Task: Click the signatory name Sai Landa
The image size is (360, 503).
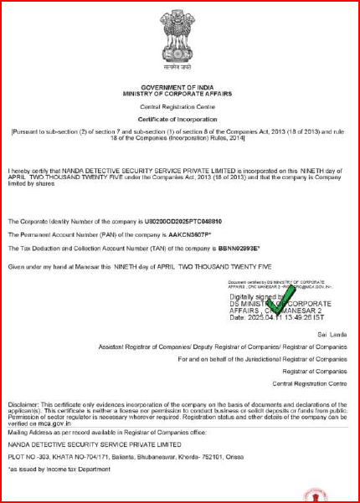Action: click(x=334, y=333)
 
